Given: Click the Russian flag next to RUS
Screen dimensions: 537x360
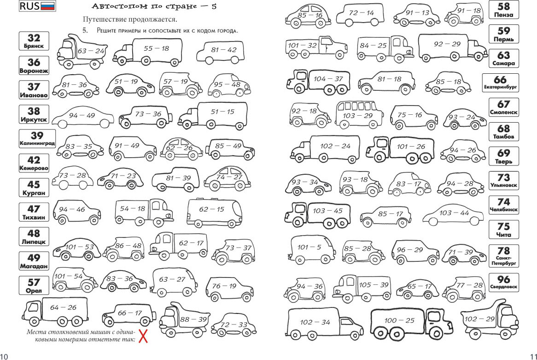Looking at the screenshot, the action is pyautogui.click(x=48, y=6).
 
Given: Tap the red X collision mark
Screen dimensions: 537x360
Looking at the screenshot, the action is pyautogui.click(x=143, y=336).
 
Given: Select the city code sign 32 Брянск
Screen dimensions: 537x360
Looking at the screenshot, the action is pyautogui.click(x=34, y=41).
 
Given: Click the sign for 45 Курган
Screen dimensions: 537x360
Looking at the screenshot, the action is pyautogui.click(x=34, y=188).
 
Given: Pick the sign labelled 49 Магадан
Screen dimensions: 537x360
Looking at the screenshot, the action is pyautogui.click(x=34, y=261).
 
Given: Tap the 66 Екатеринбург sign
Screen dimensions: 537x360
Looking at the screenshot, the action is pyautogui.click(x=500, y=83).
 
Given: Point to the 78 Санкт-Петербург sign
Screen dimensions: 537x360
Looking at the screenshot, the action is pyautogui.click(x=503, y=256).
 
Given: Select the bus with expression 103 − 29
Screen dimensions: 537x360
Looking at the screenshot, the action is pyautogui.click(x=359, y=114).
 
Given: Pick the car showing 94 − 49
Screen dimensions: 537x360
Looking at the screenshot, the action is pyautogui.click(x=82, y=117).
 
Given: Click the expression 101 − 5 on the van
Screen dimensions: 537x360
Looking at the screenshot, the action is pyautogui.click(x=309, y=247).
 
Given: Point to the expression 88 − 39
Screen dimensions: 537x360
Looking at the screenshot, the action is pyautogui.click(x=193, y=319).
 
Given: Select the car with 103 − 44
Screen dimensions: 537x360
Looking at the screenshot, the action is pyautogui.click(x=453, y=214).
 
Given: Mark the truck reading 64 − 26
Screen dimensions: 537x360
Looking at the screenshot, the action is pyautogui.click(x=55, y=311).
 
